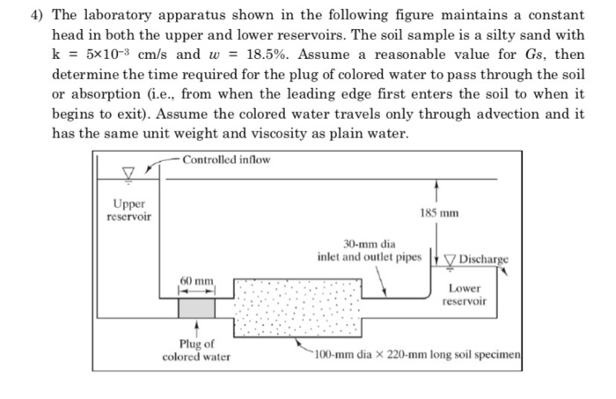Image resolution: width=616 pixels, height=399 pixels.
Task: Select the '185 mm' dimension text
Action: tap(440, 214)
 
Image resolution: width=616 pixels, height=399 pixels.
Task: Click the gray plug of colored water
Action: tap(196, 307)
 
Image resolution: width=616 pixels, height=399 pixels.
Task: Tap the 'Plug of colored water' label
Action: tap(196, 351)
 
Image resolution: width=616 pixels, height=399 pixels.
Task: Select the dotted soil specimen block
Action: tap(297, 309)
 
